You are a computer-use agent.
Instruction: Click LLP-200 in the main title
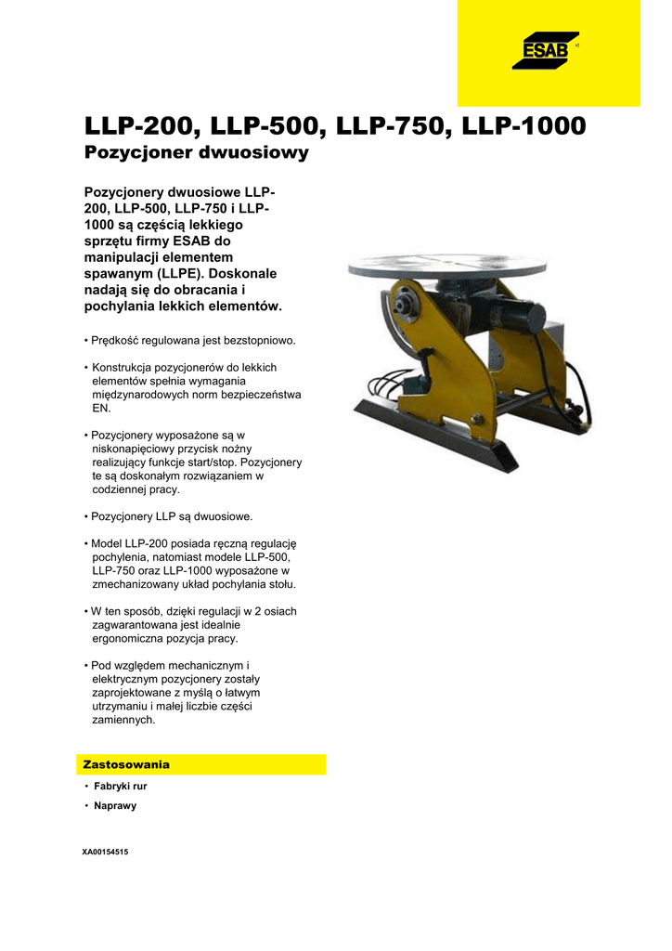[140, 125]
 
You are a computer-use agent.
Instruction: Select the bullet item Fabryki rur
[120, 786]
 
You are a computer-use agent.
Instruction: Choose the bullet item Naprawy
[115, 805]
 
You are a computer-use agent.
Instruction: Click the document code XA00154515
[105, 851]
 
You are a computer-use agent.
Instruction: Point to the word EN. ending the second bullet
[101, 408]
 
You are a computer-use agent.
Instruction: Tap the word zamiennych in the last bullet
[124, 720]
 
